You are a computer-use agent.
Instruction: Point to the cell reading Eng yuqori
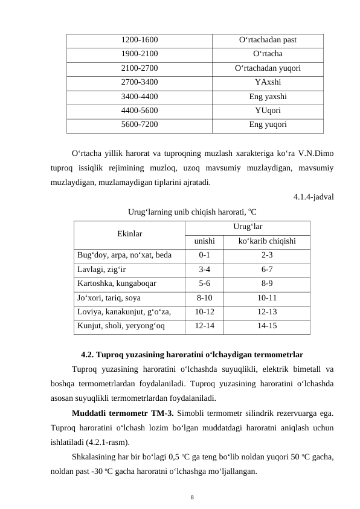point(268,125)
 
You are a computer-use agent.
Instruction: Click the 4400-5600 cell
point(140,111)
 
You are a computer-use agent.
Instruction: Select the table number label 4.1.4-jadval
point(314,196)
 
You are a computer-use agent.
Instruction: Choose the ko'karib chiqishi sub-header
point(266,241)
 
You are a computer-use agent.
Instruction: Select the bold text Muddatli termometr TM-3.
point(123,413)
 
